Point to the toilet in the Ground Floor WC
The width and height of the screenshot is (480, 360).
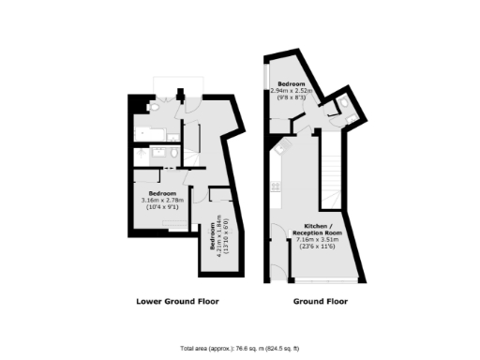tap(345, 104)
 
